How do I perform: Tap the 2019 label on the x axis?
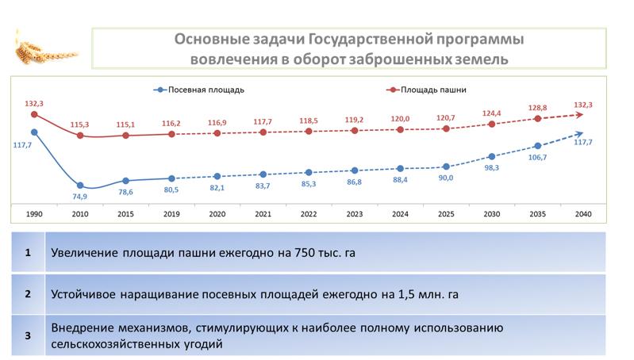pyautogui.click(x=171, y=214)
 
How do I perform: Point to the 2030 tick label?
pyautogui.click(x=492, y=214)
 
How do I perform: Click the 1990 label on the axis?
pyautogui.click(x=34, y=214)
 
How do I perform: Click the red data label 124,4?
pyautogui.click(x=492, y=113)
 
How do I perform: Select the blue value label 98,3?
pyautogui.click(x=492, y=168)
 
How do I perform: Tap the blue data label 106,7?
pyautogui.click(x=538, y=158)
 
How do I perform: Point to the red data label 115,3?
pyautogui.click(x=80, y=124)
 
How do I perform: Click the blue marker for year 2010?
pyautogui.click(x=80, y=186)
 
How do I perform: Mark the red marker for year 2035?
pyautogui.click(x=538, y=118)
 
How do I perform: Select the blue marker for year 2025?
pyautogui.click(x=446, y=167)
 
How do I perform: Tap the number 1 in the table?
pyautogui.click(x=28, y=253)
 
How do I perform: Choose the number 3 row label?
pyautogui.click(x=28, y=335)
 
